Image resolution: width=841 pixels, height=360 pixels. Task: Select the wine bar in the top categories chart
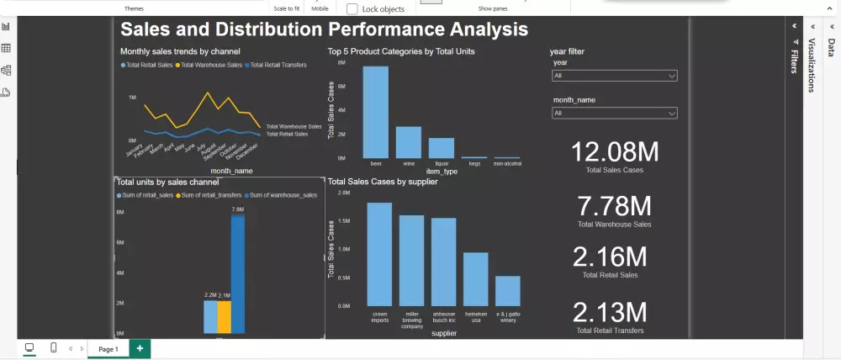(x=408, y=142)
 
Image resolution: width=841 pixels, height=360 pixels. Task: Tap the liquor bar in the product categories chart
(x=441, y=148)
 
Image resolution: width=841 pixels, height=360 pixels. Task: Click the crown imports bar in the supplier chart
(x=379, y=254)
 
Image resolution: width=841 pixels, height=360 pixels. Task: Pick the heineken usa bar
(x=476, y=279)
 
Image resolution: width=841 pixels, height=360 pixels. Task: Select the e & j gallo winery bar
(x=508, y=291)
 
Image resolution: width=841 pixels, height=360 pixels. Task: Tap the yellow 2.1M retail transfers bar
(x=224, y=317)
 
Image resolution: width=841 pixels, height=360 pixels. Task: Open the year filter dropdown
(x=614, y=76)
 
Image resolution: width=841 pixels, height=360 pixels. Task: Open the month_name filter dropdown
(x=614, y=113)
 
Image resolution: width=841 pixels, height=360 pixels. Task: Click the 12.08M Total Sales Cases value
(x=615, y=152)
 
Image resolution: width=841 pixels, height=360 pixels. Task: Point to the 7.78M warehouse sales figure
(x=615, y=205)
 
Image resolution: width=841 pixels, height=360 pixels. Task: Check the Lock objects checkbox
(x=352, y=8)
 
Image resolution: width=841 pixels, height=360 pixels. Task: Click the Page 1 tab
(x=108, y=348)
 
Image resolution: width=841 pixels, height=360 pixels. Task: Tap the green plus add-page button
(x=140, y=348)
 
